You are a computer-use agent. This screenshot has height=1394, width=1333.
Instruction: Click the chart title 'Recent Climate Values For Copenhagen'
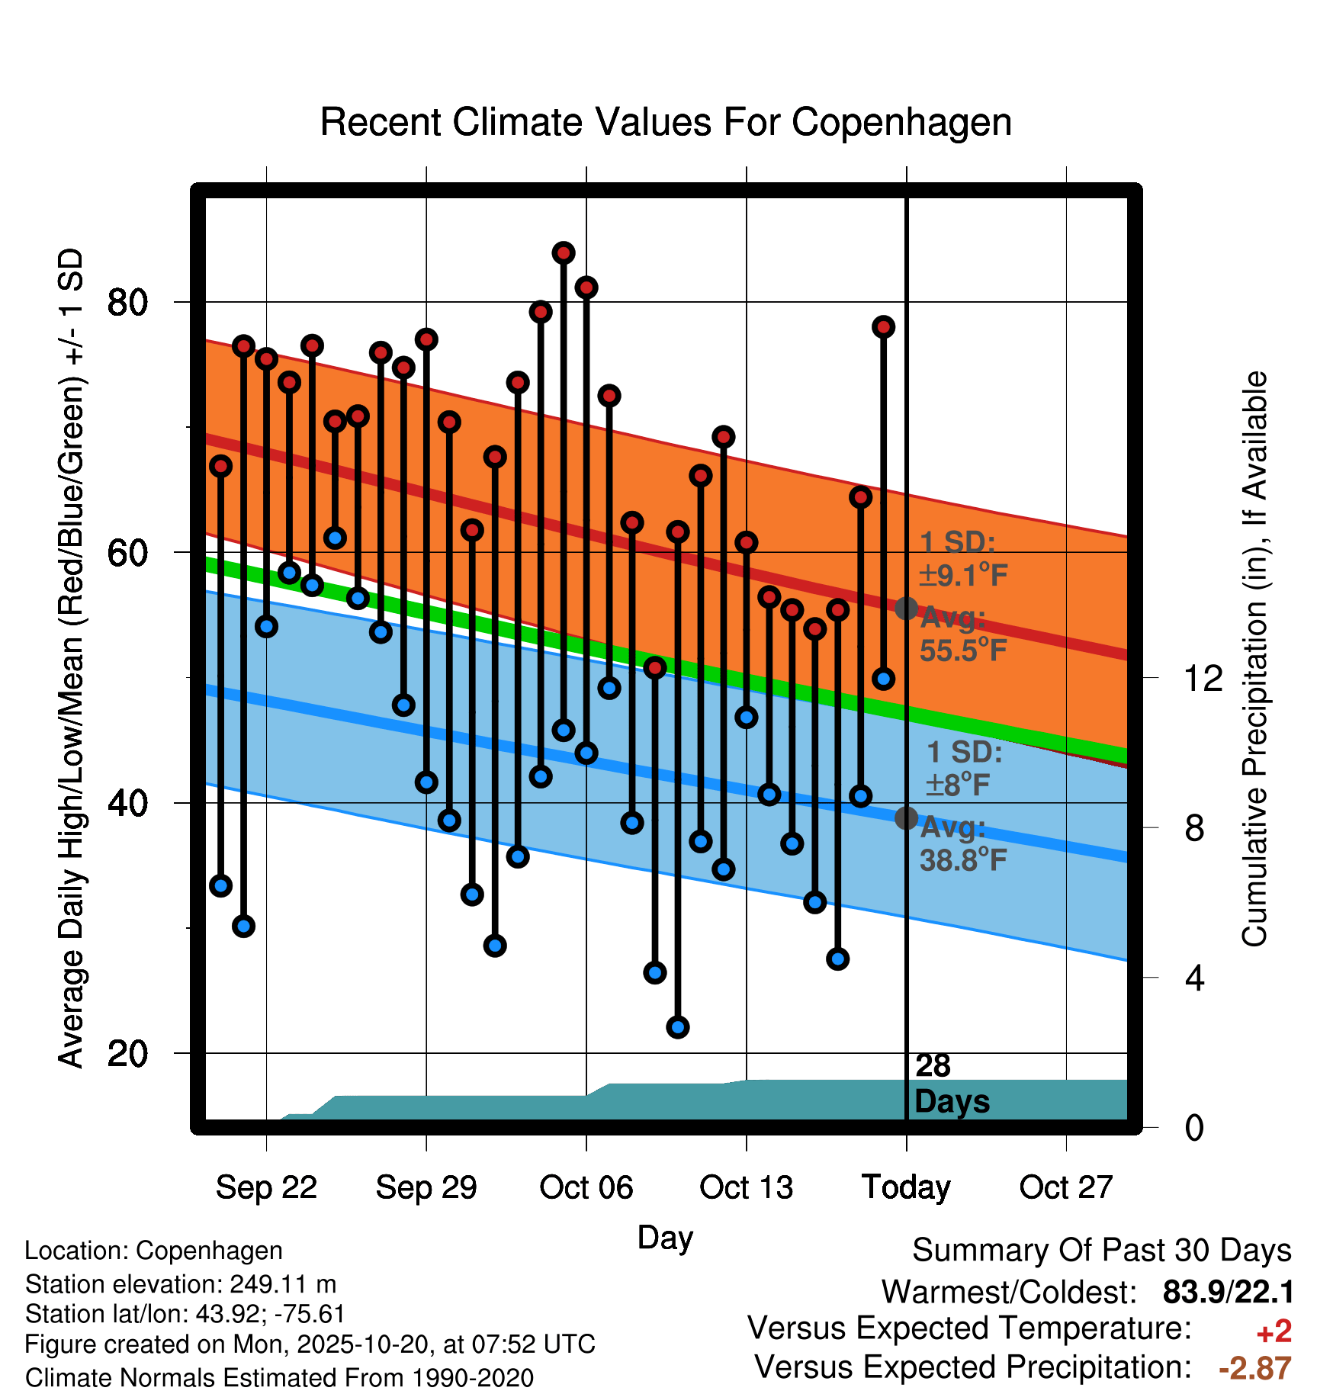tap(666, 122)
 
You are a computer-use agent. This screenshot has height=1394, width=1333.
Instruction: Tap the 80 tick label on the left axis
tap(127, 303)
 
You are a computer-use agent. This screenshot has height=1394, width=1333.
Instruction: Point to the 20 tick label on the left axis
tap(127, 1054)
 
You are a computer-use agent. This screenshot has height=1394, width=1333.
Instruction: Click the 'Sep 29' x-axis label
tap(426, 1187)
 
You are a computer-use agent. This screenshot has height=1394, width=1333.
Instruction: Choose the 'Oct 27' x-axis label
tap(1066, 1187)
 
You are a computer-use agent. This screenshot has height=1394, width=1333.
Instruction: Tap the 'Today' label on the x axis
tap(906, 1187)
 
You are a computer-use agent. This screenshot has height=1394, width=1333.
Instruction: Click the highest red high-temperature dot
tap(564, 253)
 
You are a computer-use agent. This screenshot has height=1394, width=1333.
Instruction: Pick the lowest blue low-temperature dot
tap(678, 1027)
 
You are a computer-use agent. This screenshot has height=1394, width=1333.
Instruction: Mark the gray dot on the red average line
tap(906, 609)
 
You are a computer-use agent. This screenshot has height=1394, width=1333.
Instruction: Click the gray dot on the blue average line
tap(906, 818)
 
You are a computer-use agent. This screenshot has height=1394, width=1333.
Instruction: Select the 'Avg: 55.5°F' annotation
tap(962, 634)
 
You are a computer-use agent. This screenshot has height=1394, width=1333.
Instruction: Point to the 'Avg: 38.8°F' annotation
tap(962, 844)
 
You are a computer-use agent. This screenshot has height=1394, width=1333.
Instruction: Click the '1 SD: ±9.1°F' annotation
tap(962, 559)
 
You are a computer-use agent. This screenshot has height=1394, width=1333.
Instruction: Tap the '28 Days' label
tap(951, 1084)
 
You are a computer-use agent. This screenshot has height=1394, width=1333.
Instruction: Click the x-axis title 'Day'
tap(665, 1237)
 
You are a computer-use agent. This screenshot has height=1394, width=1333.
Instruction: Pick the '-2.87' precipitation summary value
tap(1254, 1368)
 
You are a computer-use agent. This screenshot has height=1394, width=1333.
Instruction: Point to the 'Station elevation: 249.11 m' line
tap(181, 1284)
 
